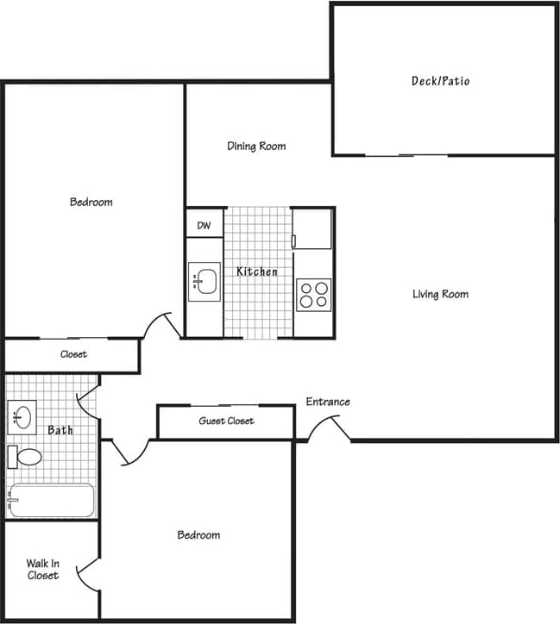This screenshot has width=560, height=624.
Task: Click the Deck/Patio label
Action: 440,82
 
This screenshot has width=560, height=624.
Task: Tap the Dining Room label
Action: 256,147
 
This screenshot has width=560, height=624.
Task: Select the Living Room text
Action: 440,295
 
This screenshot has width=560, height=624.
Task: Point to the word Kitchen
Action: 257,272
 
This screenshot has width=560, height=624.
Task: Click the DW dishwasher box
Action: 204,226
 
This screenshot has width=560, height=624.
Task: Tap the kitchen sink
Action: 204,282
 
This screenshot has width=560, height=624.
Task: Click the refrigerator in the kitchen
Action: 312,228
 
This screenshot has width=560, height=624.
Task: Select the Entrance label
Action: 328,402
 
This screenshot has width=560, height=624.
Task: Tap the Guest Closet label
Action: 226,421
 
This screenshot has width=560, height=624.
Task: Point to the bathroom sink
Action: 22,418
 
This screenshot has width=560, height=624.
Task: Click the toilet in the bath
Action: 26,456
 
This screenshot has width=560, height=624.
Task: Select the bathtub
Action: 51,500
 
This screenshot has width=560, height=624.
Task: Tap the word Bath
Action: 60,430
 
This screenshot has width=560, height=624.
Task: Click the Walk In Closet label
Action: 42,570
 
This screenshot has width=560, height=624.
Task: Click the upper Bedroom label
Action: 91,203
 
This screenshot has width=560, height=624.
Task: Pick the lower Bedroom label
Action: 198,535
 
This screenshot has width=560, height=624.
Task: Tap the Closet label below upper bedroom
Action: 73,354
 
